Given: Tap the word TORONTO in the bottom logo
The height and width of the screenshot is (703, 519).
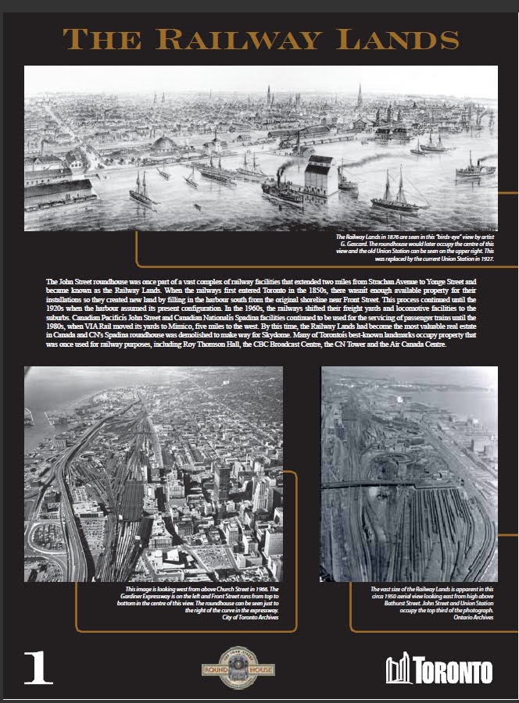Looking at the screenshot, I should click(x=452, y=671).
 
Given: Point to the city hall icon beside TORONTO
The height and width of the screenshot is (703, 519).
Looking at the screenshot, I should click(x=399, y=670).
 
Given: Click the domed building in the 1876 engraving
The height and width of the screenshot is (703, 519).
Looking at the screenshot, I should click(x=166, y=145).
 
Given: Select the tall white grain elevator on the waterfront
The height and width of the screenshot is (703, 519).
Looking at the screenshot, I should click(x=321, y=175).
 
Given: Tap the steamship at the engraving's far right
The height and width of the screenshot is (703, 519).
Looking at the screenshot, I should click(x=476, y=166).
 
